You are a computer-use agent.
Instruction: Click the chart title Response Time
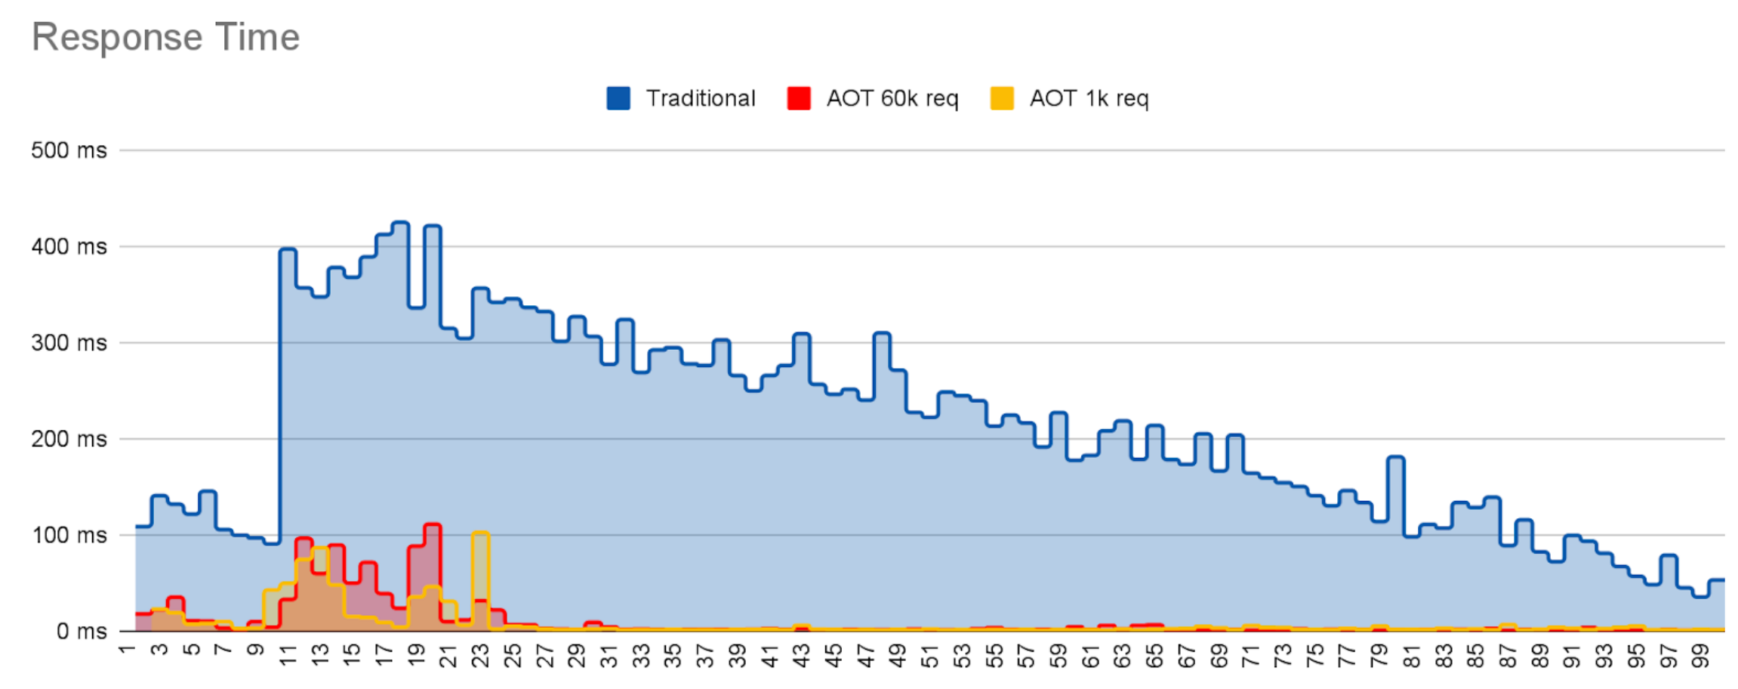[165, 37]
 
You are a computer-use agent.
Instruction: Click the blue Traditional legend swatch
[618, 99]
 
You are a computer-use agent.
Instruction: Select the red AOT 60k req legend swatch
[799, 99]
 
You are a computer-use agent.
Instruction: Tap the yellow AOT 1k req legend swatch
[1001, 99]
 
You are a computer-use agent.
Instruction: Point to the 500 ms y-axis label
[69, 150]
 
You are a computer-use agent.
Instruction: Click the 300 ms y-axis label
[69, 343]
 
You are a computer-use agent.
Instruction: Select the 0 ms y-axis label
[82, 632]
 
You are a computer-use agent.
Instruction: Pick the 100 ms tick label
[69, 536]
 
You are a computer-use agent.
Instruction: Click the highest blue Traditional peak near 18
[400, 223]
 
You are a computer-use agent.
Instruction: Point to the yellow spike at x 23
[480, 533]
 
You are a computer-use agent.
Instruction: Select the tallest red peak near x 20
[433, 525]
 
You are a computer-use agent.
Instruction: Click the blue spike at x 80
[1396, 458]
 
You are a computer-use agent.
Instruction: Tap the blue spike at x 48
[882, 334]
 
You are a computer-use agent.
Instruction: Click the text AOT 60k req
[892, 99]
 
